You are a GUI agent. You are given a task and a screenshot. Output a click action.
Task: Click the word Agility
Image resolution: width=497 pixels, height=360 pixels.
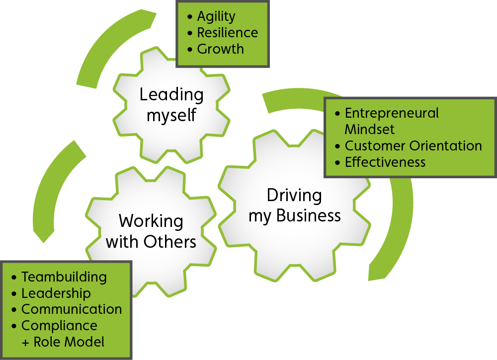(216, 17)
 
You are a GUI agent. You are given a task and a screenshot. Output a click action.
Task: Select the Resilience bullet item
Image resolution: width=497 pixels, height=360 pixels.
(227, 33)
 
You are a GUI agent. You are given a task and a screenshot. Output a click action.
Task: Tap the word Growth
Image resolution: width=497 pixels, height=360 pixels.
(220, 49)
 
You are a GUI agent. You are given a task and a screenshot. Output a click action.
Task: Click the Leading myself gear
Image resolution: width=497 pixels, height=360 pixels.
(171, 105)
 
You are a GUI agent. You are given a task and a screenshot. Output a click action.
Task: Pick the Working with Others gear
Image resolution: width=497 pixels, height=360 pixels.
(151, 231)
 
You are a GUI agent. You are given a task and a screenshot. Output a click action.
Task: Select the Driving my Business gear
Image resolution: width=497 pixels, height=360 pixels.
(295, 206)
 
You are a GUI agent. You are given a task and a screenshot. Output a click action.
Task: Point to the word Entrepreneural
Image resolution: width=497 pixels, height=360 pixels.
(392, 113)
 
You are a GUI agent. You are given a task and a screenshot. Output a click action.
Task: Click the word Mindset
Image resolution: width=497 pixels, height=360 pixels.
(370, 130)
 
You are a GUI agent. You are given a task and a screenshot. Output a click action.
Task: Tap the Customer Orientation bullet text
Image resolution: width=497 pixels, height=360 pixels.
(413, 146)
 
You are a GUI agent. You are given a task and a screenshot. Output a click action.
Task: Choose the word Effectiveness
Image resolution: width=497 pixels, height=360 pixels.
(385, 162)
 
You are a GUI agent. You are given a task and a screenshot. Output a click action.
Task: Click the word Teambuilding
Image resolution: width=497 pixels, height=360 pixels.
(64, 277)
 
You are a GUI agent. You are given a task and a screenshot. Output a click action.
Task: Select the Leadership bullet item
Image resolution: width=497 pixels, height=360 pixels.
(56, 293)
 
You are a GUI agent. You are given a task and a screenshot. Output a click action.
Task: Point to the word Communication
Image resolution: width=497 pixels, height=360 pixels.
(72, 309)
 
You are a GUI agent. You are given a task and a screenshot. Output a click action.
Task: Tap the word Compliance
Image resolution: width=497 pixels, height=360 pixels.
(59, 326)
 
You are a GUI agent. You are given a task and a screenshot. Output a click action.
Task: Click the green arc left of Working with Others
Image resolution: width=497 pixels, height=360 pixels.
(50, 189)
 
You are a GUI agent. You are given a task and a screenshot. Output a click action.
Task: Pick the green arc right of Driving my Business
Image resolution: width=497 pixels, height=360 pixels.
(400, 223)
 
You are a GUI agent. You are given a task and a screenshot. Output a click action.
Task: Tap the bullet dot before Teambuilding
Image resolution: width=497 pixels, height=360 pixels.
(14, 277)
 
